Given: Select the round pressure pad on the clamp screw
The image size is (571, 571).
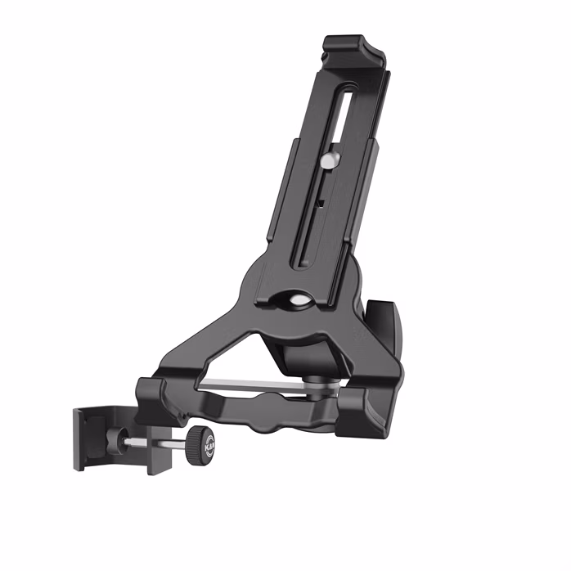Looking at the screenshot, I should [123, 440].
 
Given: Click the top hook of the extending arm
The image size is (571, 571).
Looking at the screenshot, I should [355, 50].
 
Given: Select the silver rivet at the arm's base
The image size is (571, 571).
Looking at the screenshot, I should [296, 300].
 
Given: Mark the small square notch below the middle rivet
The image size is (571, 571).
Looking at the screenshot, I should [321, 200].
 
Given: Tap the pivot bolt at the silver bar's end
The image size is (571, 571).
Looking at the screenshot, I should [314, 380].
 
